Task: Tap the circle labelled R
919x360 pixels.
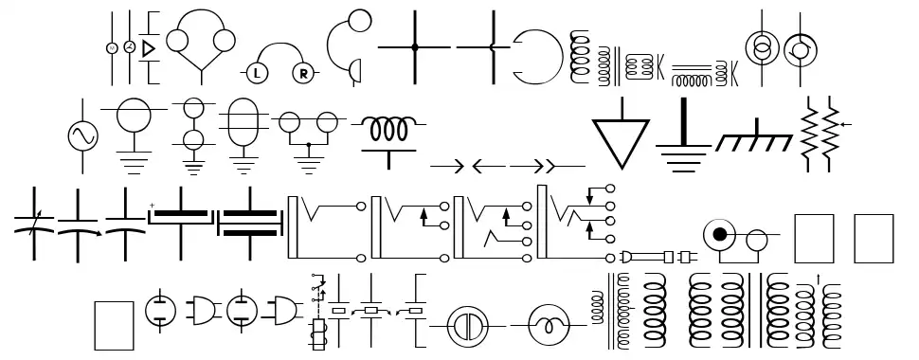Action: tap(304, 72)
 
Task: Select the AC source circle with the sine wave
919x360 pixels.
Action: tap(82, 136)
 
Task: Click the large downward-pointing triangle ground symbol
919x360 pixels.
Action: tap(622, 142)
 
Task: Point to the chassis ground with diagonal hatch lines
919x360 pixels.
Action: tap(754, 140)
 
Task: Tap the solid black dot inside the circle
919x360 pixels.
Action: tap(720, 234)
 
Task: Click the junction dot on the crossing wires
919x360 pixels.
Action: tap(415, 45)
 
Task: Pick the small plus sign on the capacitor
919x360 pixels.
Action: tap(152, 206)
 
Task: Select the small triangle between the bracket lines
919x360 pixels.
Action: tap(148, 46)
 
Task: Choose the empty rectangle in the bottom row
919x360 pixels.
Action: tap(115, 325)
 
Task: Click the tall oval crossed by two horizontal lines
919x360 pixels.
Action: tap(243, 123)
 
